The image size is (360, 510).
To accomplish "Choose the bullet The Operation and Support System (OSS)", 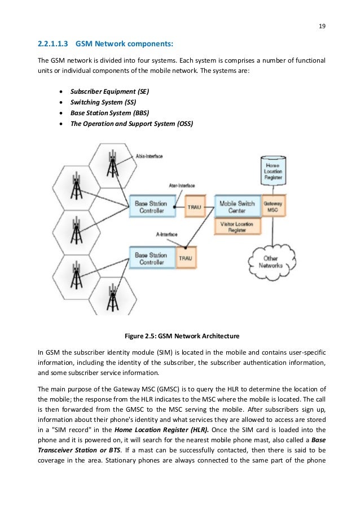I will pyautogui.click(x=131, y=123).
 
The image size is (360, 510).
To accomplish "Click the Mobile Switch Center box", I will pyautogui.click(x=237, y=207).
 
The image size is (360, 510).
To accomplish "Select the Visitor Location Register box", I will pyautogui.click(x=237, y=227).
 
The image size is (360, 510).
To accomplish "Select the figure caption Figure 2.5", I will pyautogui.click(x=180, y=334).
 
